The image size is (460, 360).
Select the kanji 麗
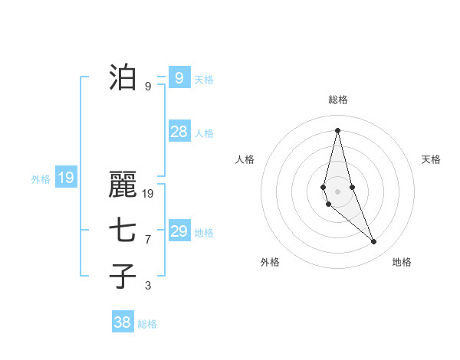click(123, 186)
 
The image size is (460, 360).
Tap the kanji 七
click(123, 231)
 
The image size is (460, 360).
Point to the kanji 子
click(123, 276)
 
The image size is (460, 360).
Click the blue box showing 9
click(179, 77)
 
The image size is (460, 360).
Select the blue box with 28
click(179, 132)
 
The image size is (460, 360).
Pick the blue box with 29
click(179, 231)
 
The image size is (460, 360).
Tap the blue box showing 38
click(122, 322)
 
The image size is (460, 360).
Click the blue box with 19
click(66, 178)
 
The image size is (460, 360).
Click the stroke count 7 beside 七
click(148, 240)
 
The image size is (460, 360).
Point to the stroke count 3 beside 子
click(148, 286)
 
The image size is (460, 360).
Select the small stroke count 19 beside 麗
click(148, 194)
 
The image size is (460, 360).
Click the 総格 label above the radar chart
click(337, 100)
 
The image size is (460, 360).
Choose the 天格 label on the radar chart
click(431, 159)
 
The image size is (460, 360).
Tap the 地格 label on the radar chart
click(402, 262)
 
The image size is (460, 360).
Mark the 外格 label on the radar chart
click(270, 262)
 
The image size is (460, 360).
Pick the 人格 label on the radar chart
click(245, 159)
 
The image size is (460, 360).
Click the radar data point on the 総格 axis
click(337, 130)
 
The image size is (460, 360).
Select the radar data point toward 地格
click(374, 241)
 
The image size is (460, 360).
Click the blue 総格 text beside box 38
click(147, 324)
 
